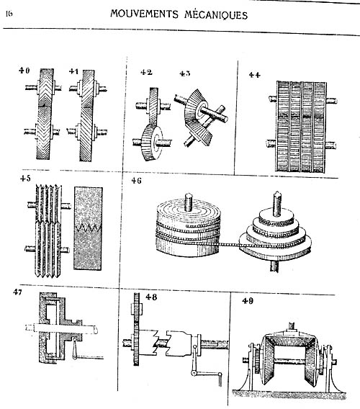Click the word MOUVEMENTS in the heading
[144, 14]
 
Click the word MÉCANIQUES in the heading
[216, 15]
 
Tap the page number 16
[9, 14]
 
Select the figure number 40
[24, 71]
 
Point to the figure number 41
[74, 71]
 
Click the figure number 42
[146, 72]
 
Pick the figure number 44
[255, 75]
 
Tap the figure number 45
[25, 178]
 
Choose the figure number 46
[136, 181]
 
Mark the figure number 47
[18, 292]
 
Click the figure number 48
[152, 297]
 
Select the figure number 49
[248, 301]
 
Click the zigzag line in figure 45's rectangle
[88, 228]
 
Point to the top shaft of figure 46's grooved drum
[189, 202]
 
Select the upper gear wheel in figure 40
[47, 89]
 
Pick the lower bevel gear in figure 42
[153, 143]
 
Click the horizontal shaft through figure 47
[62, 328]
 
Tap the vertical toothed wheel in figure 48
[136, 329]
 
